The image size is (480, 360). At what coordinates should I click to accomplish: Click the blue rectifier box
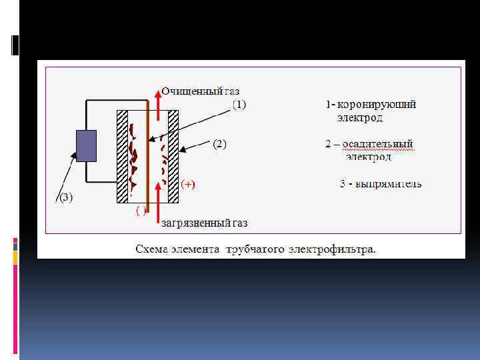click(x=86, y=146)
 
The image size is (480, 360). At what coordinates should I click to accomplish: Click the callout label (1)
click(x=239, y=104)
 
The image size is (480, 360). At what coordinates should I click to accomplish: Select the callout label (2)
click(x=219, y=144)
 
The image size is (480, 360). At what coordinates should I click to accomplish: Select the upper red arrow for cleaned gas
click(x=157, y=100)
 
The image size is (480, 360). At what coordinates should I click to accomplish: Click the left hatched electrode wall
click(x=122, y=156)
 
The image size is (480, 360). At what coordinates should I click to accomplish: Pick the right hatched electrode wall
click(x=173, y=156)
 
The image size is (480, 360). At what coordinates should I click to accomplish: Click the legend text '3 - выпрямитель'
click(x=380, y=183)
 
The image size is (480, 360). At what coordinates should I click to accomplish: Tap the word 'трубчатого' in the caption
click(x=255, y=249)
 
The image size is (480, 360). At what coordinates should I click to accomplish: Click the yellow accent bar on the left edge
click(x=15, y=258)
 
